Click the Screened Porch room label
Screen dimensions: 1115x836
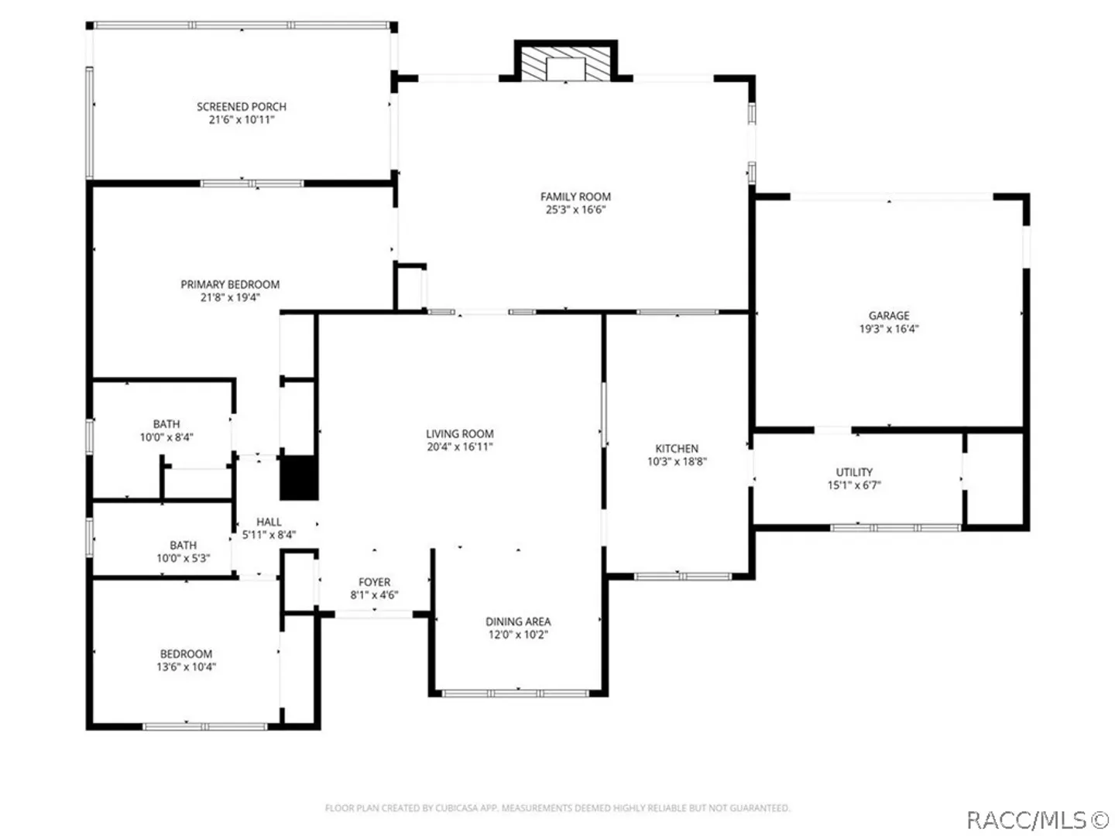242,107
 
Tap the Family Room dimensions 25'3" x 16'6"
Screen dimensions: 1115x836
575,210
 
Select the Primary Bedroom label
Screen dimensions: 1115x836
230,284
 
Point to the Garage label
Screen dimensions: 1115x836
888,315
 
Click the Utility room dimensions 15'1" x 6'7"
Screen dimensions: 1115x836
854,485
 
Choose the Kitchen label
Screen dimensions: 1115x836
677,448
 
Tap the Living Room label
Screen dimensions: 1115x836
460,433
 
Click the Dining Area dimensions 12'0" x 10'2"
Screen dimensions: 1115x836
518,634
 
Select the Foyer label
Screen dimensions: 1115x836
374,581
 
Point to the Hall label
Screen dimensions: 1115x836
269,521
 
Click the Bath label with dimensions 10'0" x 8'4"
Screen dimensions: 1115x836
166,424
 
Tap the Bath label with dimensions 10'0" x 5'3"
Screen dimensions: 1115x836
183,545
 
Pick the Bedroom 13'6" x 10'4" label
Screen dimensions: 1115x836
186,654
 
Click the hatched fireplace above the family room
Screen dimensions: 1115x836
565,64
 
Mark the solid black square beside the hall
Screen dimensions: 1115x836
299,478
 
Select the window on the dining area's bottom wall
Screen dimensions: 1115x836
515,694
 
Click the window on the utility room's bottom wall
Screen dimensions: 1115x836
896,528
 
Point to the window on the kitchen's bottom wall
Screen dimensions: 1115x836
683,576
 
